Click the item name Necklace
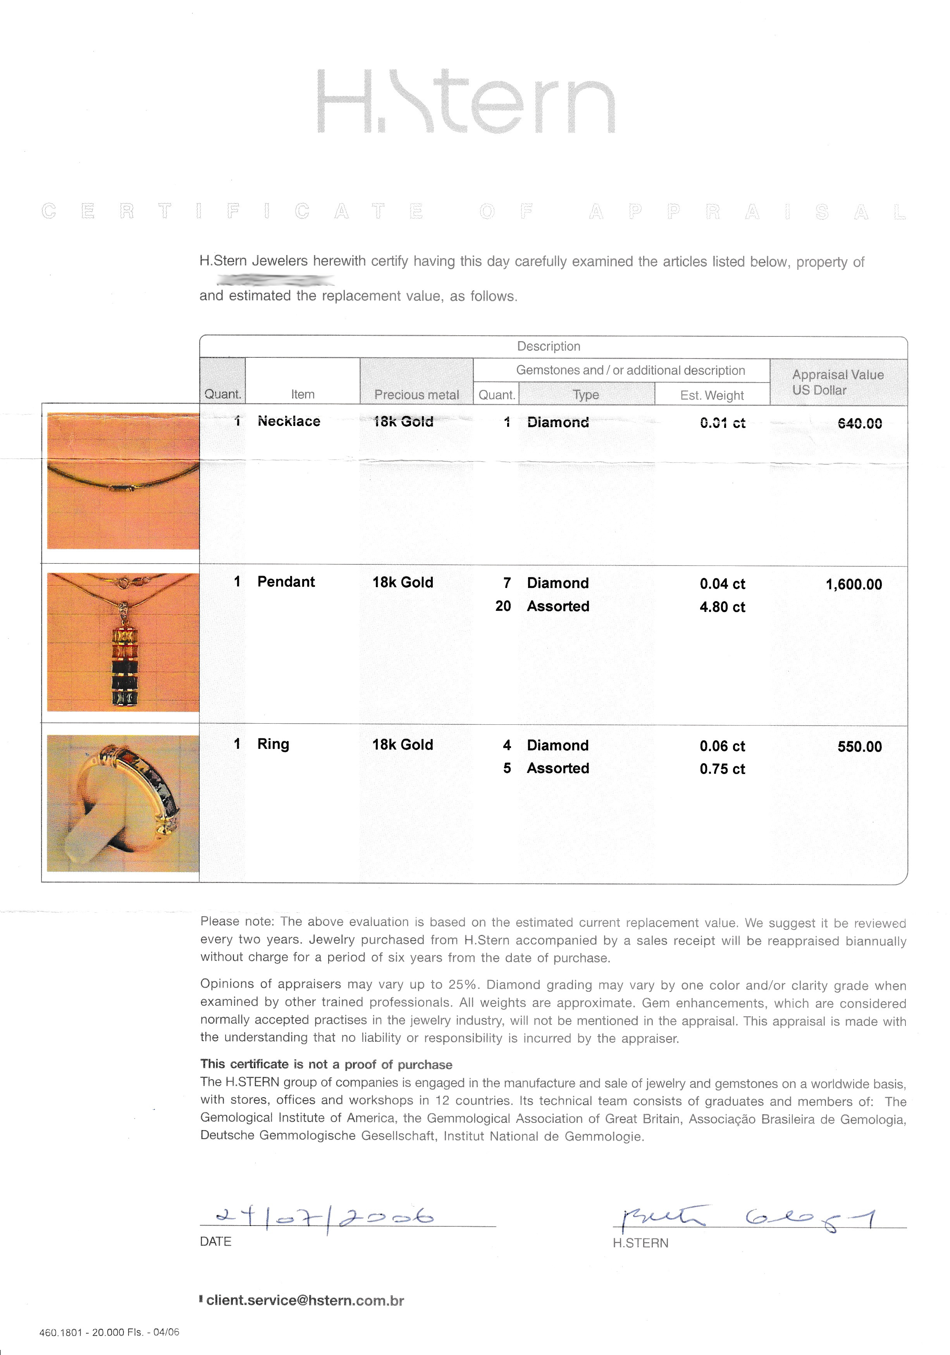tap(289, 421)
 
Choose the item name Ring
tap(273, 744)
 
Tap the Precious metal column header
tap(416, 395)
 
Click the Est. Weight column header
tap(712, 395)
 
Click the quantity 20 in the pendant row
tap(503, 606)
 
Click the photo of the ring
tap(123, 803)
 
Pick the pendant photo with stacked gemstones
tap(123, 642)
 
